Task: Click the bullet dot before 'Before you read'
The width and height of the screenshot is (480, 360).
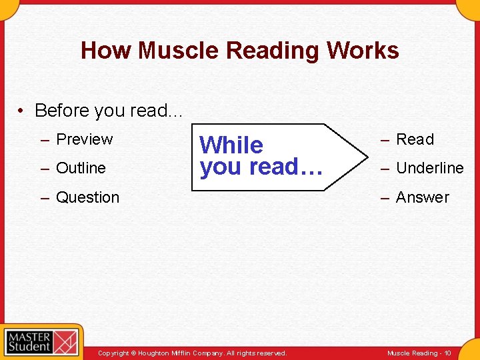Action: [x=23, y=111]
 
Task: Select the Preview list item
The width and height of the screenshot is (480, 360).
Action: [x=84, y=139]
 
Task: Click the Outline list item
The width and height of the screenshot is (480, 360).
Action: [x=81, y=168]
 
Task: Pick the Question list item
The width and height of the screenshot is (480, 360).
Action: [x=87, y=197]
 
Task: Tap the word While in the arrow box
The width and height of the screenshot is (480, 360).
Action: [x=231, y=145]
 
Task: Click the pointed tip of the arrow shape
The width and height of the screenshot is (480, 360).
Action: [x=366, y=157]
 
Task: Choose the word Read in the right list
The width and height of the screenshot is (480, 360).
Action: [x=415, y=139]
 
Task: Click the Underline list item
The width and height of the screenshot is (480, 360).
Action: [x=429, y=168]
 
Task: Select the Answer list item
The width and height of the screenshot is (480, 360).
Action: [x=423, y=197]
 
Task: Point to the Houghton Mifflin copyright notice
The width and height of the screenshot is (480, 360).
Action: [x=192, y=353]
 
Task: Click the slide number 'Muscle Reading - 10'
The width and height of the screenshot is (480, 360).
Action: [x=419, y=353]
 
